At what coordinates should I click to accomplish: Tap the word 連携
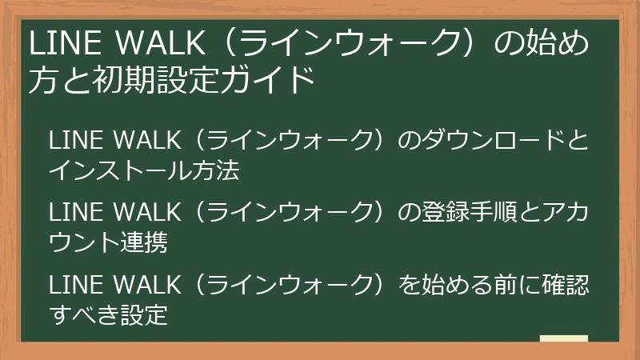click(x=145, y=243)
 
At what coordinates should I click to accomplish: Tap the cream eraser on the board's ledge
click(x=563, y=338)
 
